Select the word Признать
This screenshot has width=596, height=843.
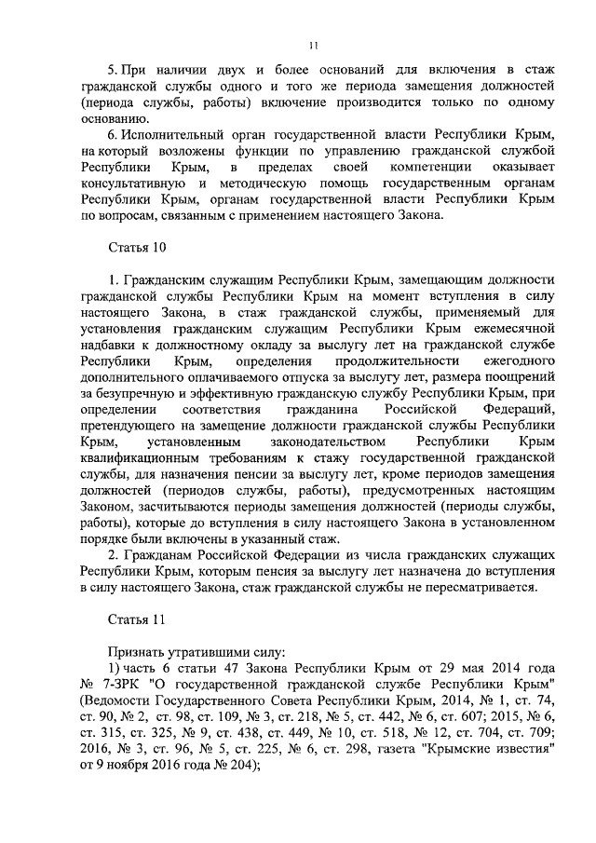click(x=136, y=652)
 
